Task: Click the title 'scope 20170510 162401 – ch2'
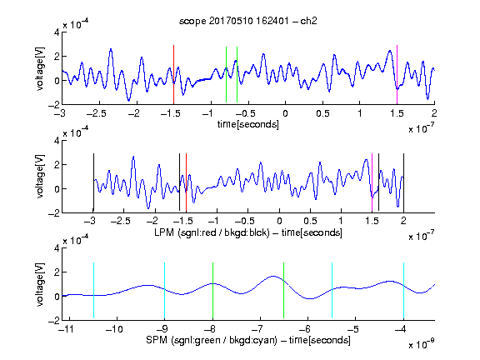click(248, 21)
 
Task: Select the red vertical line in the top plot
click(173, 75)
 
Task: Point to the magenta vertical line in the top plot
click(397, 75)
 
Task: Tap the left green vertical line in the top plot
click(226, 75)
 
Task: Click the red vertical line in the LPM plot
click(186, 182)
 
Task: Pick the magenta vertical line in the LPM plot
click(372, 182)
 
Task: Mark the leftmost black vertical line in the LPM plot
click(93, 182)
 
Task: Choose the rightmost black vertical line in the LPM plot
click(403, 182)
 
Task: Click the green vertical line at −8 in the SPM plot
click(212, 290)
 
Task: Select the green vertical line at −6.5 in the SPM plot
click(284, 290)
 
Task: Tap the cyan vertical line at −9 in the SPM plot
click(165, 290)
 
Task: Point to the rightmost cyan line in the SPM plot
click(403, 290)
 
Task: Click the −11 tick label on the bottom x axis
click(66, 329)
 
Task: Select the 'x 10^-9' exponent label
click(422, 344)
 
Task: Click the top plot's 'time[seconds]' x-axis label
click(248, 124)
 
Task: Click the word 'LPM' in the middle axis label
click(164, 232)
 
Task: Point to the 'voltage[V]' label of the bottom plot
click(40, 284)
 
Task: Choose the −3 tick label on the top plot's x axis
click(60, 113)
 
